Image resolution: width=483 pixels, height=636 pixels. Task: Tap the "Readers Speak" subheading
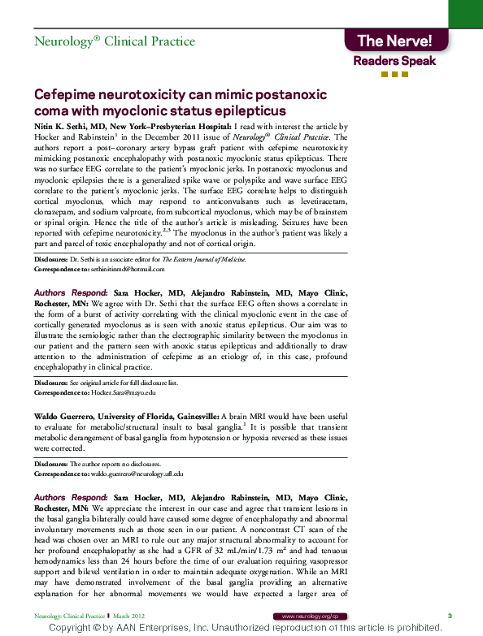pos(394,61)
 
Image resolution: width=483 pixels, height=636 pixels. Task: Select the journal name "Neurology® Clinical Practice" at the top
pos(114,41)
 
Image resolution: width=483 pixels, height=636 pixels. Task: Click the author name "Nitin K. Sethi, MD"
pos(69,128)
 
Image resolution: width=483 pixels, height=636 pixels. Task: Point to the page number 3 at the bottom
pos(450,617)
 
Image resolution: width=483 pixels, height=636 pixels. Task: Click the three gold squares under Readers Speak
pos(394,75)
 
